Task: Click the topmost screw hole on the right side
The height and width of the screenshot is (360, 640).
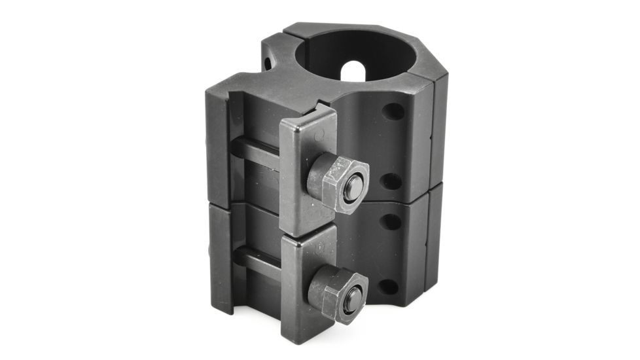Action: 393,111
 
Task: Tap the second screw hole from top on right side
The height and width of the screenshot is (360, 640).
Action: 391,181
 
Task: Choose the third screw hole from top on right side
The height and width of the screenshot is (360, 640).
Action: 390,222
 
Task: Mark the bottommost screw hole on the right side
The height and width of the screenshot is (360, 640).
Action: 388,286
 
